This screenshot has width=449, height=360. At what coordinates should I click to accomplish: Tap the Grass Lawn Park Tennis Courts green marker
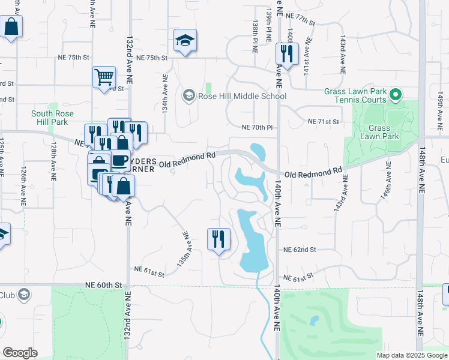click(396, 94)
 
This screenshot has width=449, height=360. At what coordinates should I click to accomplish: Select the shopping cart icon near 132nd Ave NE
click(104, 77)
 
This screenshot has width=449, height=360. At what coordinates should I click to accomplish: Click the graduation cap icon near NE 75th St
click(185, 40)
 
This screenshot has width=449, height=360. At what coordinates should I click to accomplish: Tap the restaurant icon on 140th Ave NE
click(284, 53)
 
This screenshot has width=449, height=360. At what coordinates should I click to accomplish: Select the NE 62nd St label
click(299, 249)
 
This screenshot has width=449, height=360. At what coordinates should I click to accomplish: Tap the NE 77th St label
click(300, 19)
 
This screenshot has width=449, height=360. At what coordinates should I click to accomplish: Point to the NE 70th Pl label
click(257, 128)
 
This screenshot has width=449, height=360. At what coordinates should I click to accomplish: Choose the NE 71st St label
click(324, 122)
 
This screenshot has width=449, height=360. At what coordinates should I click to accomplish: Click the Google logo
click(20, 352)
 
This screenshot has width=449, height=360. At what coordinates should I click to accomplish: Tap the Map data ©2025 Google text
click(411, 355)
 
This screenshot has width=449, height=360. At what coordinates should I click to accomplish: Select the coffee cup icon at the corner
click(120, 160)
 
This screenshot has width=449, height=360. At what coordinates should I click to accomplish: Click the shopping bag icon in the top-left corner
click(11, 26)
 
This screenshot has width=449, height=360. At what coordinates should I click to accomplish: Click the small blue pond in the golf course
click(314, 321)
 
